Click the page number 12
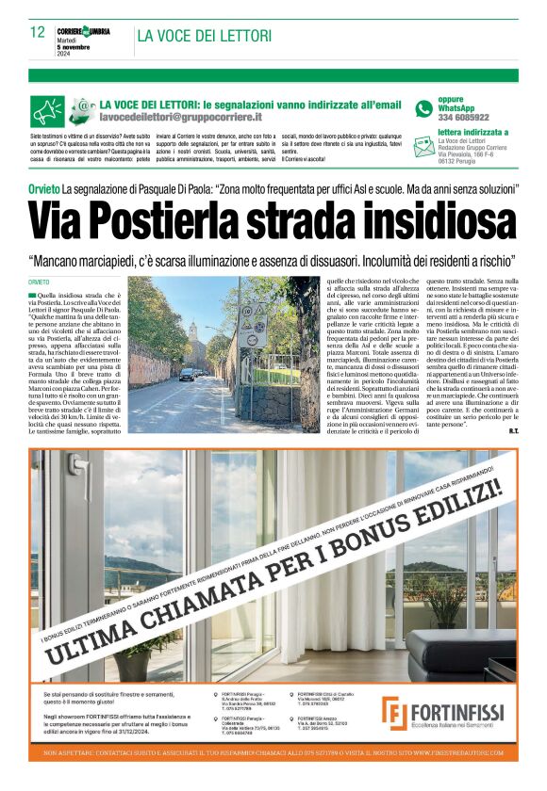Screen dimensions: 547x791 (x=38, y=32)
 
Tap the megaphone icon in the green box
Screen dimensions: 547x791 (x=48, y=112)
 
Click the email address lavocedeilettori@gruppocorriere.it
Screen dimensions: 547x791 (x=180, y=117)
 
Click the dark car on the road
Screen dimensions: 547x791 (x=188, y=374)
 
